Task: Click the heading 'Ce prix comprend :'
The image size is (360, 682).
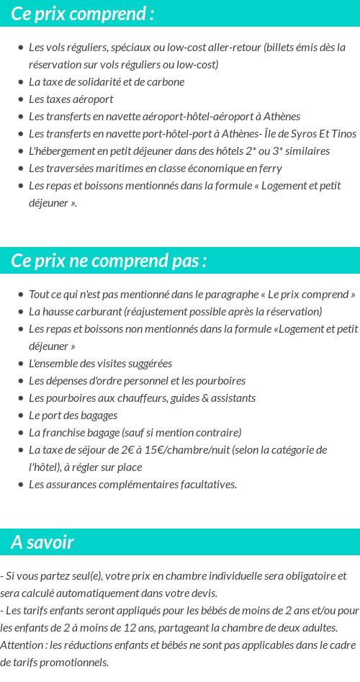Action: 82,14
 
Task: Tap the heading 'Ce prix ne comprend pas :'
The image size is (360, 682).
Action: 109,261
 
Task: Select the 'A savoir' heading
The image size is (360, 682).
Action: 42,542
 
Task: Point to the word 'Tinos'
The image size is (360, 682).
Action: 343,134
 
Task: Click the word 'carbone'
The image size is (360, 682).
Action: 166,82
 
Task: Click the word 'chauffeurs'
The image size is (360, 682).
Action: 130,398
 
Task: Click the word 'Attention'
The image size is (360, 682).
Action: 22,645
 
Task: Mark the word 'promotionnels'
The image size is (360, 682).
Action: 73,663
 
